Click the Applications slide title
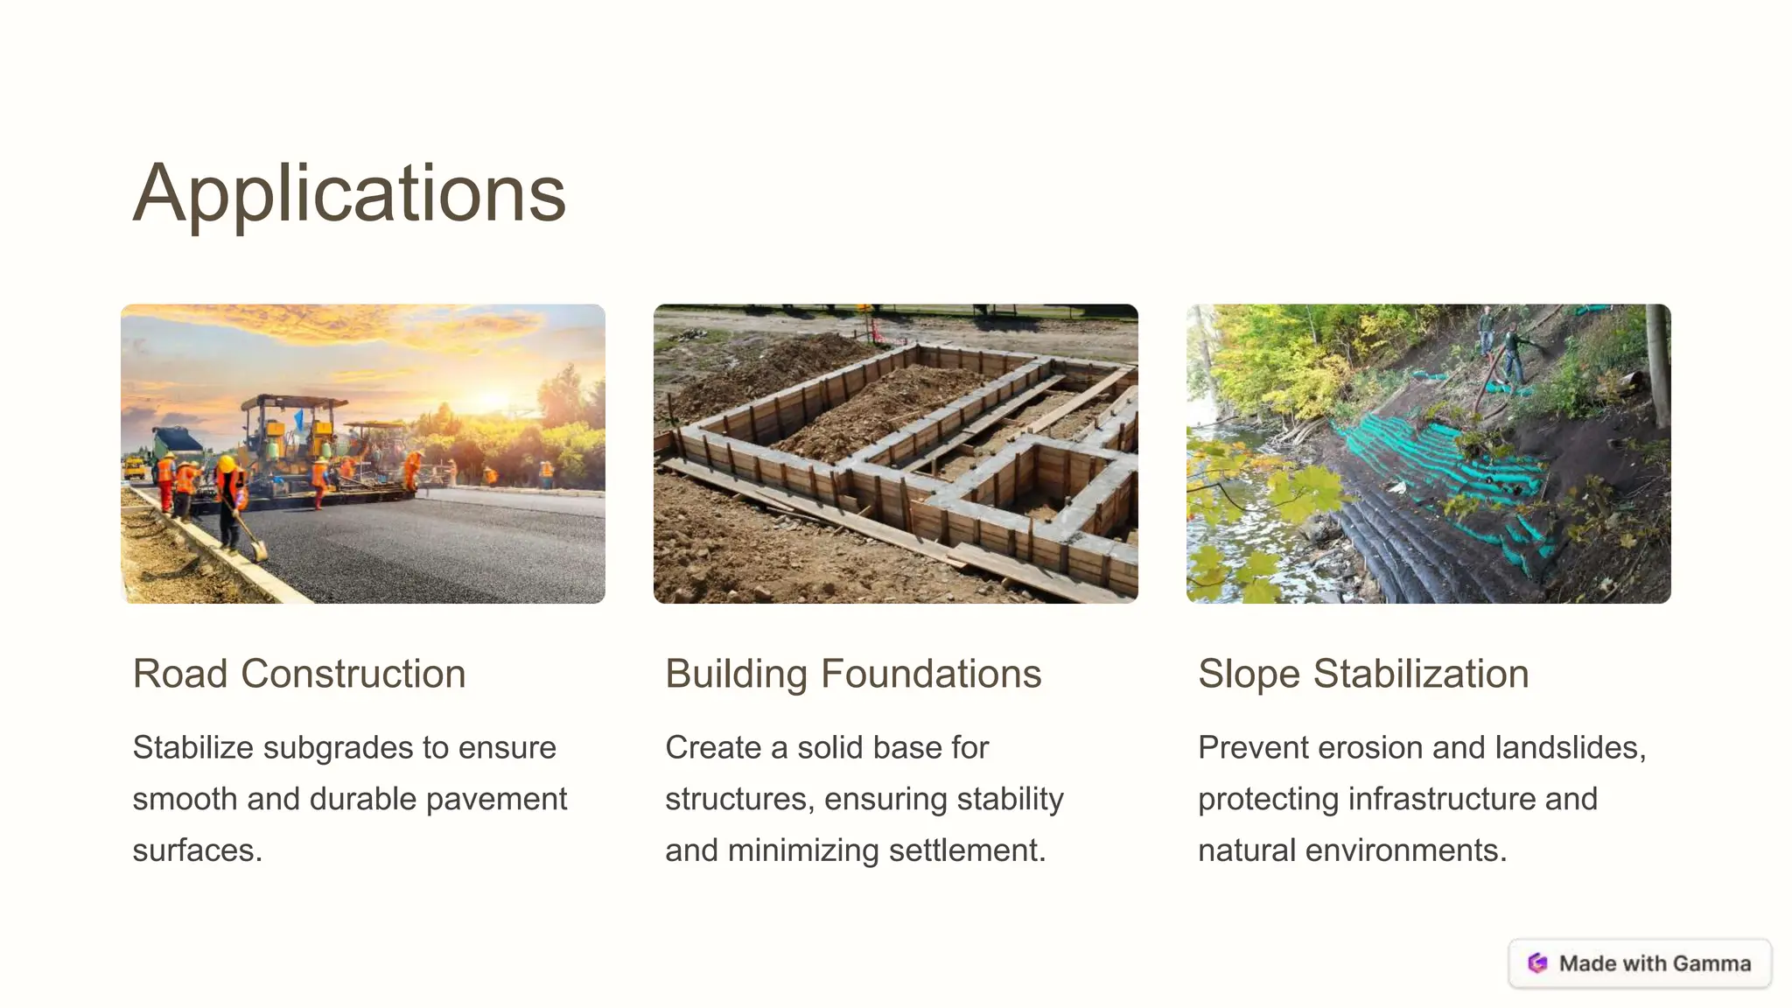(x=349, y=193)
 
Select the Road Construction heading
(x=299, y=674)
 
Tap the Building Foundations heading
(x=853, y=674)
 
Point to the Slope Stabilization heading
(x=1363, y=674)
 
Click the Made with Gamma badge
(x=1640, y=963)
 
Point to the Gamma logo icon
(x=1537, y=963)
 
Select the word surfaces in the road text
(x=197, y=850)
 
